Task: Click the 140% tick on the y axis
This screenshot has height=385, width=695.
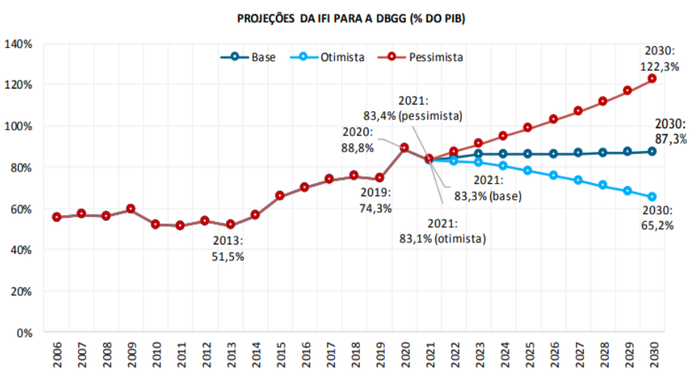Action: (18, 44)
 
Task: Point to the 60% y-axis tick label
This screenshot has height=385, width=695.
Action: (20, 209)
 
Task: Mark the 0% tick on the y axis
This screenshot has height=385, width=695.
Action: (23, 332)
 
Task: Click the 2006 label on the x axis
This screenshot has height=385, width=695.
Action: (56, 357)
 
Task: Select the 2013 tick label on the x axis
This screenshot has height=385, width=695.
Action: (230, 357)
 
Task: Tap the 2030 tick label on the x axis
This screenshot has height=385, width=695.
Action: (652, 357)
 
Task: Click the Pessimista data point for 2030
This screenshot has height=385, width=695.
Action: (652, 79)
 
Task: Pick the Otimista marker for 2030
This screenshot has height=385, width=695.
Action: (652, 197)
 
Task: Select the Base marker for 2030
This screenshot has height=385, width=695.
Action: (652, 152)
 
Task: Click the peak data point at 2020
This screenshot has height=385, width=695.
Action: (404, 148)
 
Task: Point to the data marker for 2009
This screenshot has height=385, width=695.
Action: (131, 209)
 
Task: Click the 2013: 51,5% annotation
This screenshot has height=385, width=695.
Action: (229, 249)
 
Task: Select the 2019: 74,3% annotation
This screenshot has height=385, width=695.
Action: (376, 201)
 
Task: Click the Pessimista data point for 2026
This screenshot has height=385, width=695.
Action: (553, 119)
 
